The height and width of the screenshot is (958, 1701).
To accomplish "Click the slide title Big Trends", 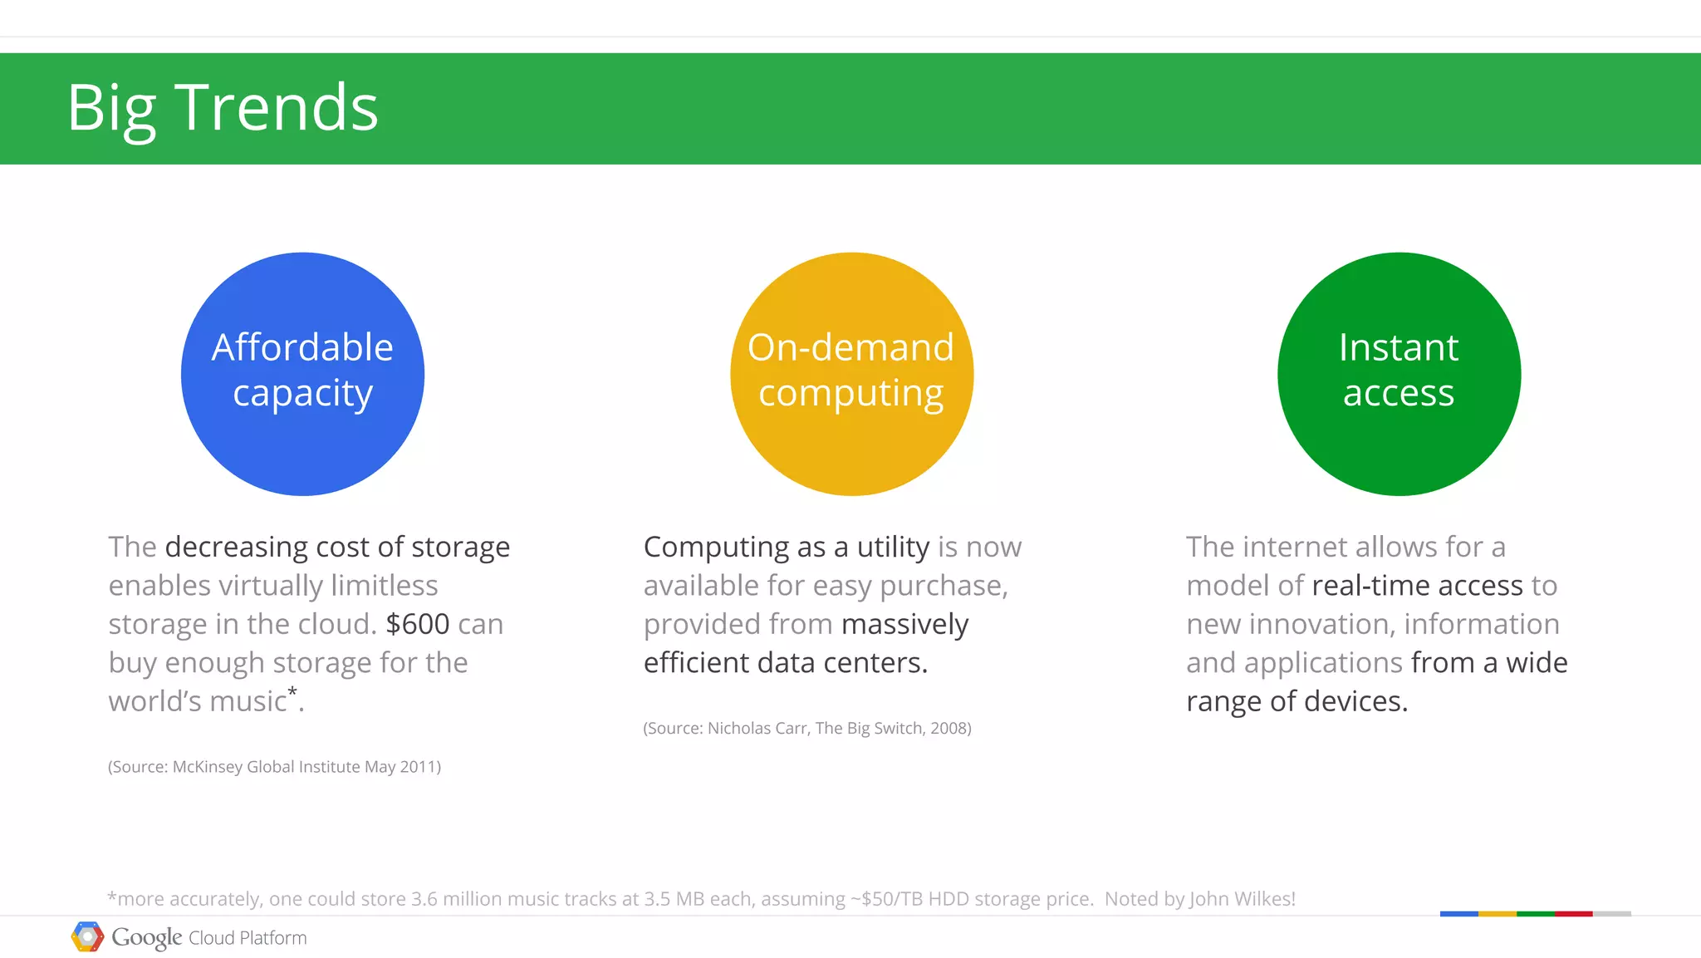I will click(222, 108).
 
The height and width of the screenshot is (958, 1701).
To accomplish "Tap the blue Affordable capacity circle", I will click(302, 374).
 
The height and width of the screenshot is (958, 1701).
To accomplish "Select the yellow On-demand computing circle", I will click(851, 374).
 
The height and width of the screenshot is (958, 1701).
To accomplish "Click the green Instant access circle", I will click(1399, 374).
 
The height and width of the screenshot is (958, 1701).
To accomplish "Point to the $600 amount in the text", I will click(417, 624).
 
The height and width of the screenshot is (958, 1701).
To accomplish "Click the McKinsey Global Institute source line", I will click(274, 767).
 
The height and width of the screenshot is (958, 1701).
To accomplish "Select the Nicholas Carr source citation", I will click(806, 729).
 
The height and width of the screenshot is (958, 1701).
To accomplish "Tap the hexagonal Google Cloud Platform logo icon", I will click(87, 937).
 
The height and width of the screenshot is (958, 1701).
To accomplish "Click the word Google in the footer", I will click(146, 937).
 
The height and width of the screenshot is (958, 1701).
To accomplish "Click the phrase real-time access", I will click(1417, 586).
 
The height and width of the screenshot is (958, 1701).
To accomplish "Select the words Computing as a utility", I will click(786, 547).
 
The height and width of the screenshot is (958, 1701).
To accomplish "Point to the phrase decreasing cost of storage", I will click(337, 547).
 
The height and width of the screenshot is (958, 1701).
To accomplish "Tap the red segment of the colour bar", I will click(1573, 914).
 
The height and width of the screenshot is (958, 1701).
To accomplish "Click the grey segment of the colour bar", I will click(1611, 914).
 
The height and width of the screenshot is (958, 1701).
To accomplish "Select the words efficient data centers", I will click(785, 663).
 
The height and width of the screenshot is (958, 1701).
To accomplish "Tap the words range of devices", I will click(1297, 701).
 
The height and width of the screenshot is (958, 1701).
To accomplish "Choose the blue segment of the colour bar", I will click(1458, 914).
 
